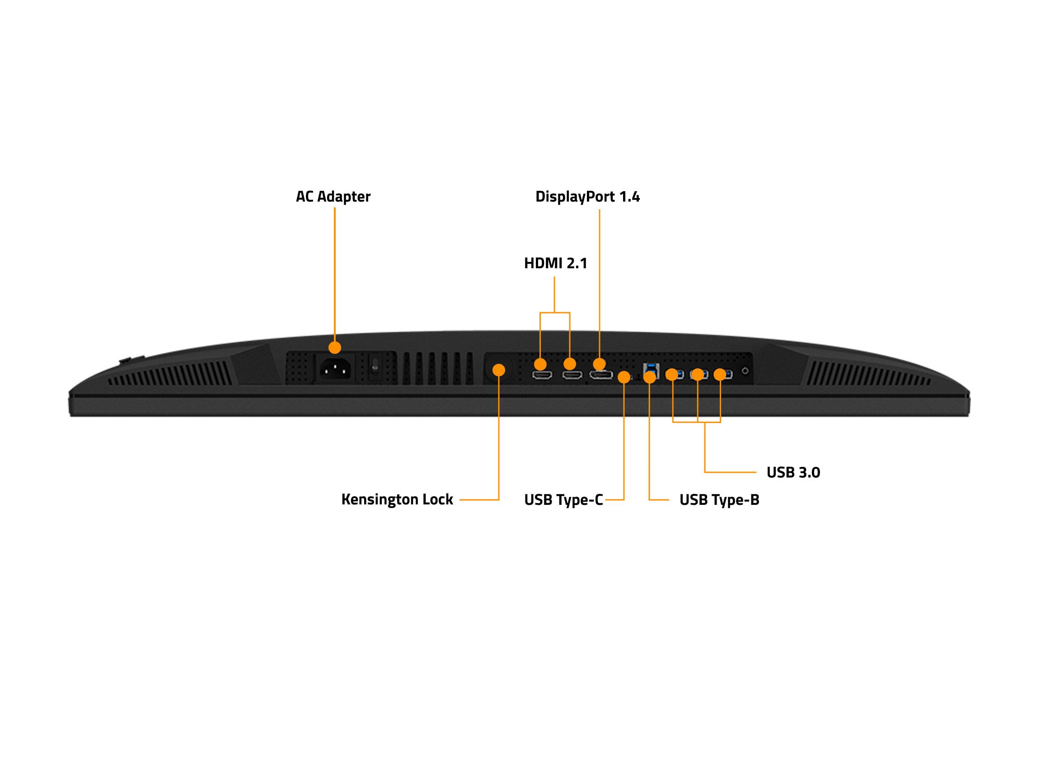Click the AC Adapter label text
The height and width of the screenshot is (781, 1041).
pos(333,196)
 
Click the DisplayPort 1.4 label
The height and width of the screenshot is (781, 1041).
pos(587,196)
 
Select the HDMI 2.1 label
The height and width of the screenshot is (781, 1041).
pos(555,263)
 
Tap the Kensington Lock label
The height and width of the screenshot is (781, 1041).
pos(397,499)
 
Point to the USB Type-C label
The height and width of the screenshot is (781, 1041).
pos(563,499)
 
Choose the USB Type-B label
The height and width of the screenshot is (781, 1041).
pos(719,499)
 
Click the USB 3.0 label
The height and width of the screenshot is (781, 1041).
pos(793,472)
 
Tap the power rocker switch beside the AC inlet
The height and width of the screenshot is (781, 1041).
pos(375,367)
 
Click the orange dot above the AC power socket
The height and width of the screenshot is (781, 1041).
pos(335,348)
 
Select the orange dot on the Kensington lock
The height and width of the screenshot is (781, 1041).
pos(498,370)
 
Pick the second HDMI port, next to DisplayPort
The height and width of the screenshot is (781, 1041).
pos(572,375)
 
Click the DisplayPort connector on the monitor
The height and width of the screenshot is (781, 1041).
pos(601,375)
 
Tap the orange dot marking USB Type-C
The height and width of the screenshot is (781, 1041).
pos(624,377)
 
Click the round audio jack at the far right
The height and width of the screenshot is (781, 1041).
pos(745,371)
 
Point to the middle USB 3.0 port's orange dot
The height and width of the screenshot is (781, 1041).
pos(698,375)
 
